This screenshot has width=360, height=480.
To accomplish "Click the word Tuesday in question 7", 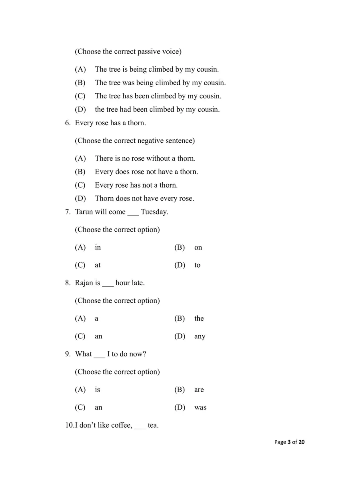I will tap(154, 212).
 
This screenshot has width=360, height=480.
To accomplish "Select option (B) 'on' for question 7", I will tap(198, 248).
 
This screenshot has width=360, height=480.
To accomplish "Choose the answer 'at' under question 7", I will tap(98, 265).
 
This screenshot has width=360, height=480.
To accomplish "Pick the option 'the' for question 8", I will tap(199, 318).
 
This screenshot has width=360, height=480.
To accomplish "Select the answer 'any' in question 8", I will tap(200, 336).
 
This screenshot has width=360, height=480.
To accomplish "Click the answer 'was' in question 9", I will tap(200, 408).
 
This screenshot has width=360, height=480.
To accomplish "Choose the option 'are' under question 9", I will tap(199, 390).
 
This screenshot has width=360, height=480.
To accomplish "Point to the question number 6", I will tap(67, 123).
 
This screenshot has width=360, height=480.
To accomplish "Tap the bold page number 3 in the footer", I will tap(289, 442).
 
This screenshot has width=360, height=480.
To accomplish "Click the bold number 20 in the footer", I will tap(302, 442).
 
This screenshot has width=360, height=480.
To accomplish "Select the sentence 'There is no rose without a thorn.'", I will tap(145, 158).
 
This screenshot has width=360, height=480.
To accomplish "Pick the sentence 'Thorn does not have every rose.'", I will tap(144, 198).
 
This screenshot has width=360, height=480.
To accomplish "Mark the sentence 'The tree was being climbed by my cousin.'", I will tap(160, 83).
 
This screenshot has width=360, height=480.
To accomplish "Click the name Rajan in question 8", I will tap(84, 283).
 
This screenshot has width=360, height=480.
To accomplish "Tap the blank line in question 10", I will tap(140, 427).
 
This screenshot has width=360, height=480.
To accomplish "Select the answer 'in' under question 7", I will tap(98, 248).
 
